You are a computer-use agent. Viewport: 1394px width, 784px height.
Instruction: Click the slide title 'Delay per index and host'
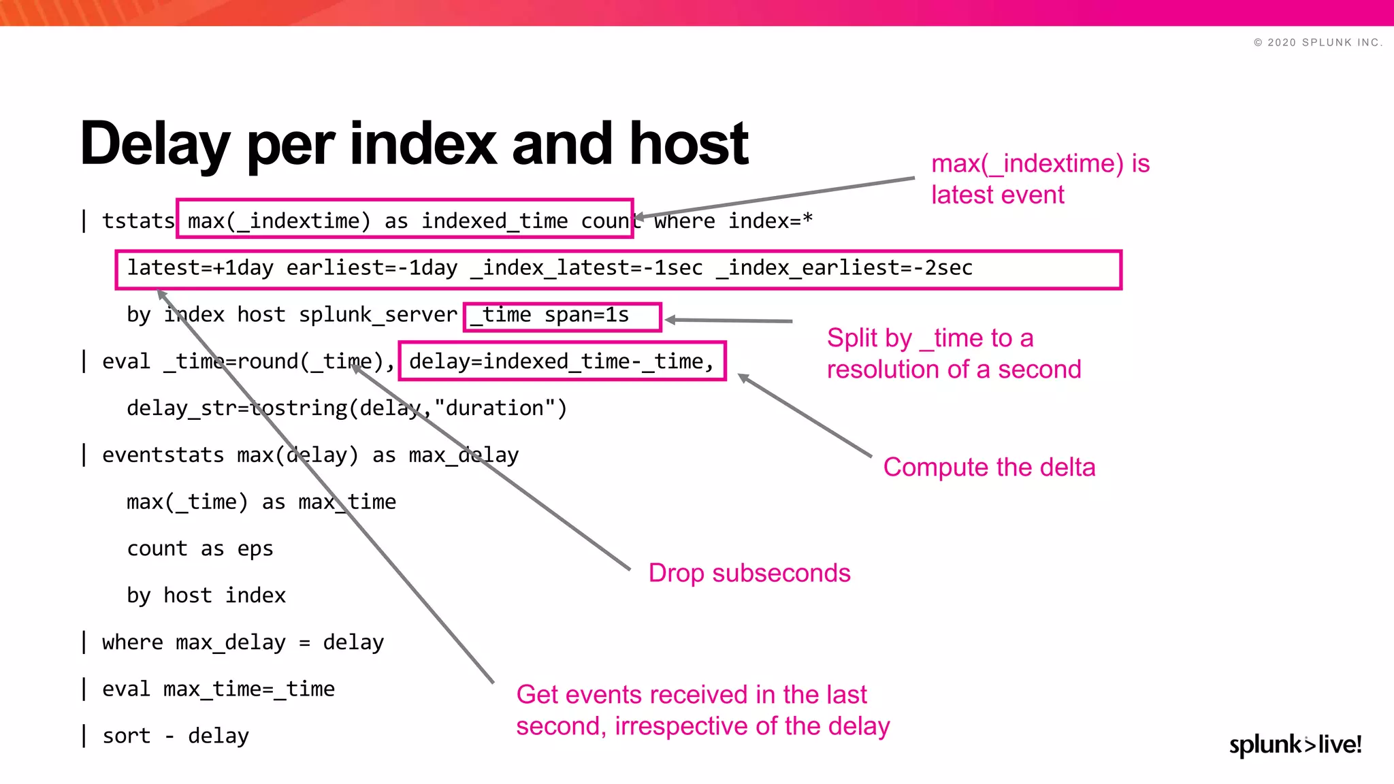pyautogui.click(x=414, y=144)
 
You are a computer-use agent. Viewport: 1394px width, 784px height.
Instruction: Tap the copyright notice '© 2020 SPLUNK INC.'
pyautogui.click(x=1318, y=42)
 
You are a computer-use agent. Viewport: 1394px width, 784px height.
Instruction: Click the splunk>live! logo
pyautogui.click(x=1295, y=745)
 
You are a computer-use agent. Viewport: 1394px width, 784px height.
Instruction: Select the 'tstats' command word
pyautogui.click(x=138, y=221)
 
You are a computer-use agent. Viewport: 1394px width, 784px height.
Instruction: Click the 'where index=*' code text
pyautogui.click(x=733, y=221)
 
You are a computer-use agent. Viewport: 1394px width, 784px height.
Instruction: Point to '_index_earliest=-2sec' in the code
pyautogui.click(x=844, y=268)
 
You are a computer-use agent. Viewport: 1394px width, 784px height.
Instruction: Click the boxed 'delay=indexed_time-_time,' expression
pyautogui.click(x=562, y=361)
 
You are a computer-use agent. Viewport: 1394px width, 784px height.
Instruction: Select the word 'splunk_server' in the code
pyautogui.click(x=378, y=315)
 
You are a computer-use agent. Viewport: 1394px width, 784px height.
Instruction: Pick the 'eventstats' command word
pyautogui.click(x=163, y=455)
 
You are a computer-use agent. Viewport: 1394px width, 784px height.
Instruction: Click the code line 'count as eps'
pyautogui.click(x=199, y=549)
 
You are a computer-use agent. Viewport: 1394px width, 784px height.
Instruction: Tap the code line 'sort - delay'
pyautogui.click(x=176, y=736)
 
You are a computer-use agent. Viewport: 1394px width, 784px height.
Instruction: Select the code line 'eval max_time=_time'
pyautogui.click(x=218, y=689)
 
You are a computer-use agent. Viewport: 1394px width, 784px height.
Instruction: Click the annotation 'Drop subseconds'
pyautogui.click(x=749, y=573)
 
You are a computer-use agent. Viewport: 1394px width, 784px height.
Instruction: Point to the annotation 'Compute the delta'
pyautogui.click(x=989, y=468)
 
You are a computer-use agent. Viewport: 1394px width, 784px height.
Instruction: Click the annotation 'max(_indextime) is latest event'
pyautogui.click(x=1040, y=179)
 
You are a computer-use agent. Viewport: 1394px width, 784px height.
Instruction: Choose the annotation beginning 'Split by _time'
pyautogui.click(x=953, y=354)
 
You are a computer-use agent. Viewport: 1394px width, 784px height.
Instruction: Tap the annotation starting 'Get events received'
pyautogui.click(x=702, y=710)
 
